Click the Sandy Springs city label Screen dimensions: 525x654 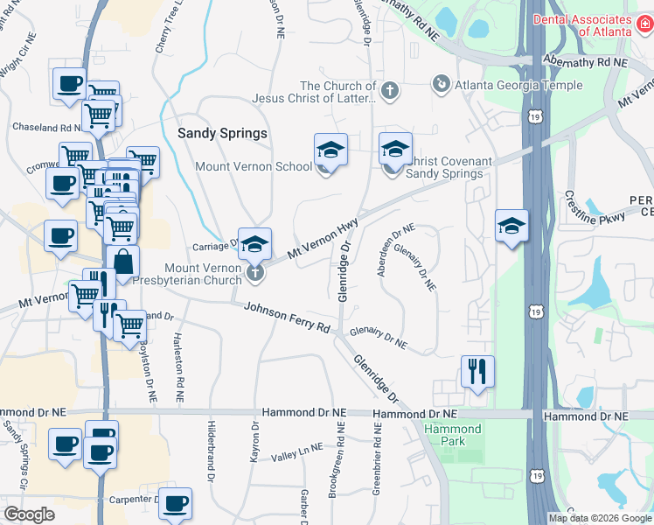point(222,134)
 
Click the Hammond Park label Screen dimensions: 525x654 point(452,435)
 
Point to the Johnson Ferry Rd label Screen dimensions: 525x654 point(286,318)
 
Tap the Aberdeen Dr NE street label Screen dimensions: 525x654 point(395,250)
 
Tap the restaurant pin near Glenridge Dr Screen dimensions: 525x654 point(477,371)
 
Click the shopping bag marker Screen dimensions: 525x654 point(123,261)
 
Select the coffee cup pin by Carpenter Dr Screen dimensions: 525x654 point(176,502)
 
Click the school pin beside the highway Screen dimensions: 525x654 point(511,227)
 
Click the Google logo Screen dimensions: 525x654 point(29,514)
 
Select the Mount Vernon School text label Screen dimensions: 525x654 point(254,166)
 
